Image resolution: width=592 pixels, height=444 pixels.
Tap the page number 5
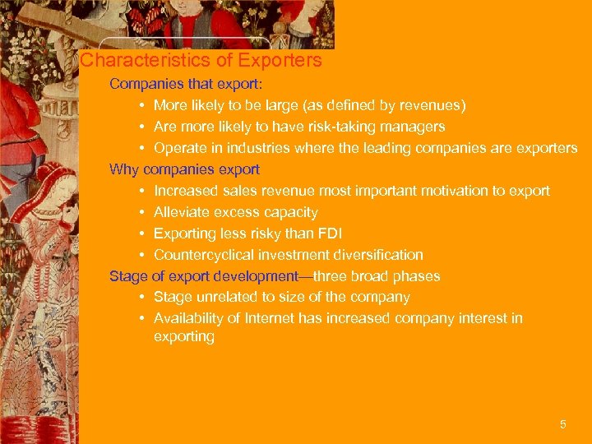click(x=562, y=424)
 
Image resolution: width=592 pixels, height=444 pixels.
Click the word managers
click(x=416, y=127)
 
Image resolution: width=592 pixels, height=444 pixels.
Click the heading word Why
click(x=124, y=169)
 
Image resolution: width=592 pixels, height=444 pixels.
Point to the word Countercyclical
click(x=202, y=255)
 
